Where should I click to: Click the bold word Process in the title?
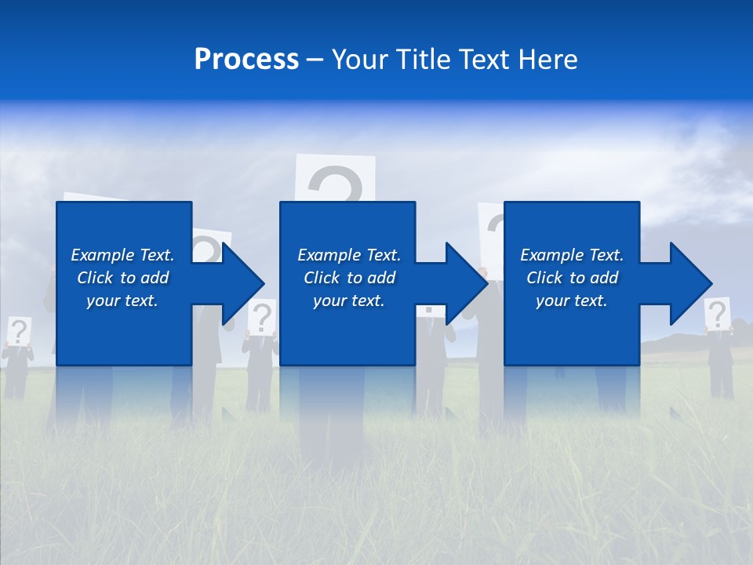click(x=246, y=60)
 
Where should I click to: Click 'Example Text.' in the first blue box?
click(x=122, y=255)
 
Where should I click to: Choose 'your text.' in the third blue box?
click(x=571, y=301)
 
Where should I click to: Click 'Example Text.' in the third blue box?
click(x=572, y=255)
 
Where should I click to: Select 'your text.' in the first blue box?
click(x=122, y=301)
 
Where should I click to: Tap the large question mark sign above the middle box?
click(x=335, y=179)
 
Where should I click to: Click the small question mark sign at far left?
click(x=19, y=330)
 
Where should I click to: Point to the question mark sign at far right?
click(x=717, y=314)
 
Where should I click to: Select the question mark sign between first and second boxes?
click(x=262, y=316)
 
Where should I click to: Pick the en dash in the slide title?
click(x=315, y=60)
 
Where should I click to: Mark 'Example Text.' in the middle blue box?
click(x=349, y=255)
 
